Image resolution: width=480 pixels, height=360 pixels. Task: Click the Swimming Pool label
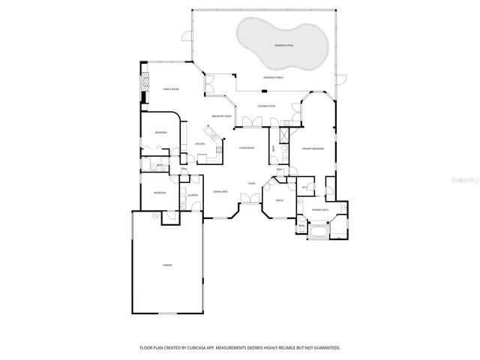tap(283, 46)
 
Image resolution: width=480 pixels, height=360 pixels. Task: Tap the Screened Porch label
tap(273, 77)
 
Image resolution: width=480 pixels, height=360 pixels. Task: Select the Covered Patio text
tap(266, 106)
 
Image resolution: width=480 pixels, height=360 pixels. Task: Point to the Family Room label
tap(171, 89)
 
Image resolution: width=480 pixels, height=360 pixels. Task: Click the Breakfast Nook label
tap(221, 116)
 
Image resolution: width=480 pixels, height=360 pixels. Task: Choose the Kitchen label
tap(200, 144)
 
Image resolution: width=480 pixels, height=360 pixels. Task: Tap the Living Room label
tap(247, 148)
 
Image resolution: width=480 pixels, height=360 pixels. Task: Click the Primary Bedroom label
tap(313, 149)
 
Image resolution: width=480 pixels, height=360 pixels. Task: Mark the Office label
tap(278, 201)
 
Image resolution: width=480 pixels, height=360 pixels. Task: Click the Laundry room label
tap(192, 196)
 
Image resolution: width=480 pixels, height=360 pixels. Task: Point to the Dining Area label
tap(220, 191)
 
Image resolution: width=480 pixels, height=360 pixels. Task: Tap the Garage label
tap(166, 265)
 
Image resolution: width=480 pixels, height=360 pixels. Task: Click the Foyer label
tap(252, 183)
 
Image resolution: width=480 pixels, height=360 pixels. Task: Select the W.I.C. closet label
tap(305, 187)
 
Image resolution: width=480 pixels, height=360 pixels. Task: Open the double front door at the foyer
tap(246, 198)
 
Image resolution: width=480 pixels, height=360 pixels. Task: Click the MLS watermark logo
tap(463, 181)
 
